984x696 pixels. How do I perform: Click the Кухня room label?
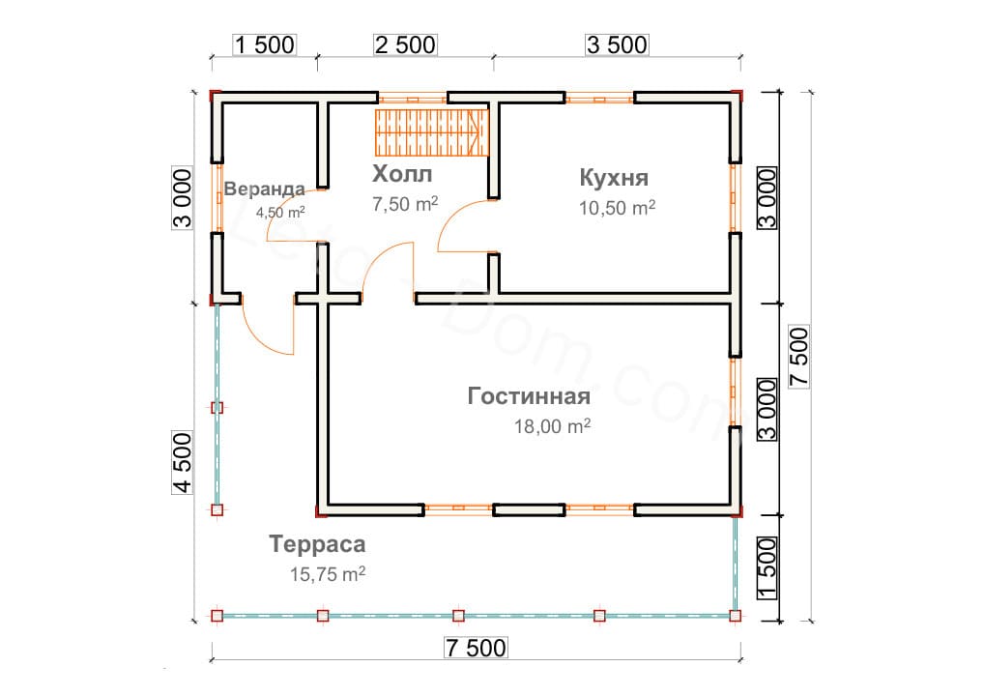tap(614, 178)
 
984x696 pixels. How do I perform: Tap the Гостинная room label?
tap(529, 396)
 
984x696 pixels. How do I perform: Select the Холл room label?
tap(402, 173)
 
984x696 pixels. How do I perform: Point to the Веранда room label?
tap(264, 188)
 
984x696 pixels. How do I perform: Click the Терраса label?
tap(318, 544)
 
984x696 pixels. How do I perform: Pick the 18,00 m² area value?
tap(552, 426)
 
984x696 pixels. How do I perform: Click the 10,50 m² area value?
tap(617, 207)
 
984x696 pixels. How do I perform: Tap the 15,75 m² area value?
tap(328, 573)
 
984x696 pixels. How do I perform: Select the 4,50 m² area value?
tap(280, 212)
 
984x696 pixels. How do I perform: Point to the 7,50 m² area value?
tap(405, 203)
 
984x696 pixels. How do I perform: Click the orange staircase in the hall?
tap(432, 132)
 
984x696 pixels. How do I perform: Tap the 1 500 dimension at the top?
tap(264, 45)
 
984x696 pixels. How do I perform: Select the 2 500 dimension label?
tap(405, 45)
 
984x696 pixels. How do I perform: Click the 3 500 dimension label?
tap(617, 45)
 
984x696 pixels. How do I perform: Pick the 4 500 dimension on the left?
tap(183, 462)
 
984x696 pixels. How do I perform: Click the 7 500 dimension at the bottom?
tap(476, 648)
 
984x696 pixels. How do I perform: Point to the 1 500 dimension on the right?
tap(767, 568)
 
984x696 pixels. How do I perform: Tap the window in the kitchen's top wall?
tap(600, 99)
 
